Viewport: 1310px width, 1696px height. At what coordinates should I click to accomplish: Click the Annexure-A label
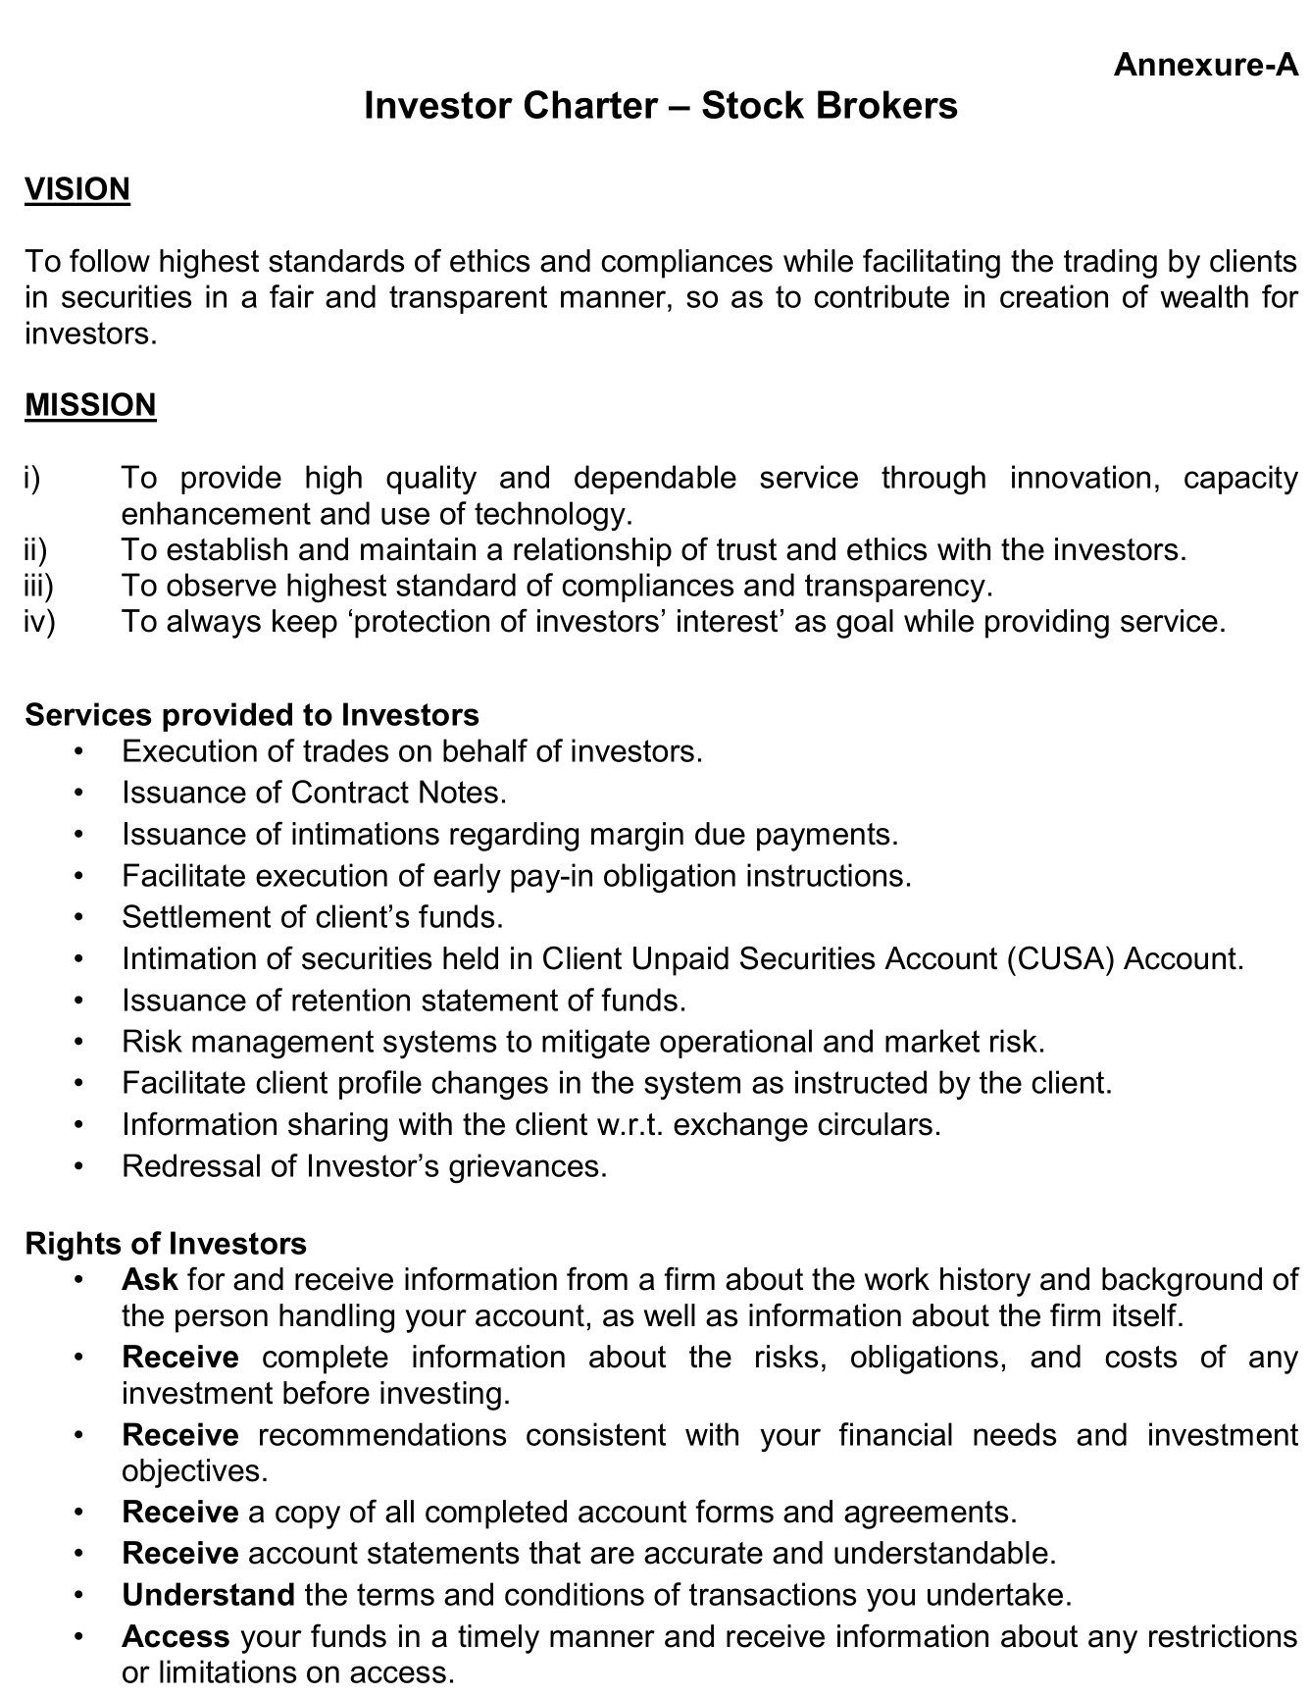point(1205,65)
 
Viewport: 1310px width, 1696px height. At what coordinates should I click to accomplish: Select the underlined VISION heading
point(77,189)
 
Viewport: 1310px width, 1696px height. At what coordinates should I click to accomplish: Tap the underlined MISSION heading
point(90,405)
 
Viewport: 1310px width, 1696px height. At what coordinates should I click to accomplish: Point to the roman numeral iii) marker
point(38,586)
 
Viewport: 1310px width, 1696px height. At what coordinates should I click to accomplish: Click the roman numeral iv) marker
point(39,622)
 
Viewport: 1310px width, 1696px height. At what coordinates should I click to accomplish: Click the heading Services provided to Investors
point(252,715)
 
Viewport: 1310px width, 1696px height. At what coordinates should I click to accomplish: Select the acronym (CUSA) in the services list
point(1061,958)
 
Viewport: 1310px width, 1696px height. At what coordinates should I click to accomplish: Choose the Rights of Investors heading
point(166,1244)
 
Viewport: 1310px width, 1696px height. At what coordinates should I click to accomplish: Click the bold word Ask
point(149,1280)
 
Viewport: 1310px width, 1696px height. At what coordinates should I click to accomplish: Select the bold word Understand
point(208,1595)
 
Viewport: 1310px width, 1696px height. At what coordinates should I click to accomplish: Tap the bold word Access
point(176,1637)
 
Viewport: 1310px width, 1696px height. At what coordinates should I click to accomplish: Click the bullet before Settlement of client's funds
point(79,917)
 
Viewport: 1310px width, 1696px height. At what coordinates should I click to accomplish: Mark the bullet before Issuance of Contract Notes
point(79,793)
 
